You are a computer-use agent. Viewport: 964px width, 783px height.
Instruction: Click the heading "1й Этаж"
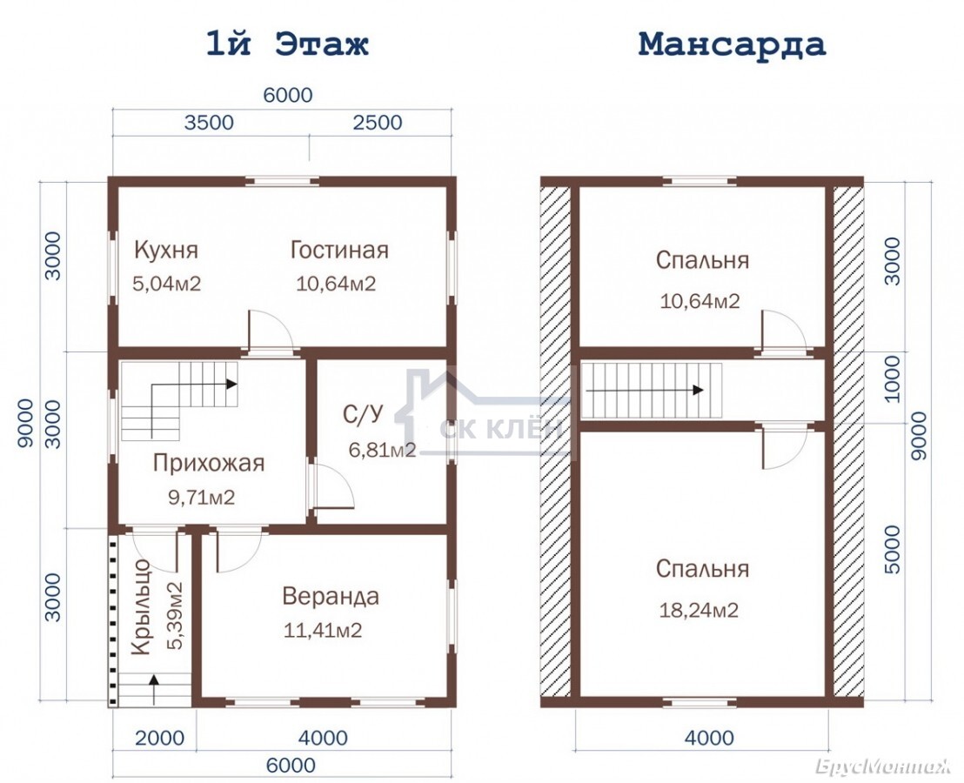pyautogui.click(x=287, y=44)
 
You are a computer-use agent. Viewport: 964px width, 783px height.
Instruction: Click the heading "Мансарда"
pyautogui.click(x=732, y=44)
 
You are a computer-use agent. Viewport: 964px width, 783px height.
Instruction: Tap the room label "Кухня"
pyautogui.click(x=166, y=251)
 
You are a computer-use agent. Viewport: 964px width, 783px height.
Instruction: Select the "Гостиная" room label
pyautogui.click(x=339, y=251)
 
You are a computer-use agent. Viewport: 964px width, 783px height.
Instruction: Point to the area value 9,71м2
pyautogui.click(x=202, y=497)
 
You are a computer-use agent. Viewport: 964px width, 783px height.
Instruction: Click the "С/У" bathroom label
pyautogui.click(x=363, y=415)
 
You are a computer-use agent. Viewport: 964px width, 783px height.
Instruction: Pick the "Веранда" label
pyautogui.click(x=331, y=596)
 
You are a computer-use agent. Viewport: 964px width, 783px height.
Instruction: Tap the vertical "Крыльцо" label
pyautogui.click(x=141, y=607)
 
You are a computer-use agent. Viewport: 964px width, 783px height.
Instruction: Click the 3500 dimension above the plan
pyautogui.click(x=209, y=123)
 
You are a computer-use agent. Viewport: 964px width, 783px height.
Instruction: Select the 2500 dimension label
pyautogui.click(x=378, y=123)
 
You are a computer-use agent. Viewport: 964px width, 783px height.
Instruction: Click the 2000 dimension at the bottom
pyautogui.click(x=159, y=738)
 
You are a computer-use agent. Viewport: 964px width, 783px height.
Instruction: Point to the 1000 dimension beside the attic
pyautogui.click(x=891, y=379)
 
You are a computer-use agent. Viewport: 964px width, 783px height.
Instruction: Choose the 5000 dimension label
pyautogui.click(x=891, y=550)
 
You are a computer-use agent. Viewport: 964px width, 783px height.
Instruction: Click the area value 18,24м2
pyautogui.click(x=699, y=610)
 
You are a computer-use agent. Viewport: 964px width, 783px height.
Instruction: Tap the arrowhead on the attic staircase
pyautogui.click(x=698, y=391)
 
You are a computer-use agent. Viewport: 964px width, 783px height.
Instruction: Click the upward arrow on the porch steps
pyautogui.click(x=153, y=689)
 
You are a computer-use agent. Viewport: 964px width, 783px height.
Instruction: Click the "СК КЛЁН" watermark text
pyautogui.click(x=501, y=429)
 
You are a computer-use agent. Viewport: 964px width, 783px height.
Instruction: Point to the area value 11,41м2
pyautogui.click(x=323, y=630)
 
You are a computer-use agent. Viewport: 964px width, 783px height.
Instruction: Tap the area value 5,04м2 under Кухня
pyautogui.click(x=166, y=284)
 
